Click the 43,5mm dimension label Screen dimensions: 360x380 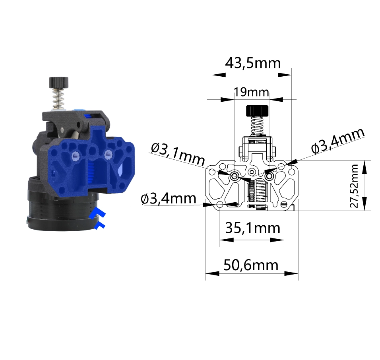[x=253, y=63]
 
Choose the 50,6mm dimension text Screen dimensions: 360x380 [x=251, y=265]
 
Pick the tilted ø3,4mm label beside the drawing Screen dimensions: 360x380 [x=338, y=141]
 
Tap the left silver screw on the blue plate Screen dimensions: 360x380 [x=74, y=157]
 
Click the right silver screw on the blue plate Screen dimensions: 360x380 [x=107, y=154]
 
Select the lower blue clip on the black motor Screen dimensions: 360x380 [x=99, y=226]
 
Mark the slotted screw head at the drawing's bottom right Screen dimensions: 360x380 [x=284, y=204]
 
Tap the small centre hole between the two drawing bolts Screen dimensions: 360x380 [x=251, y=171]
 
